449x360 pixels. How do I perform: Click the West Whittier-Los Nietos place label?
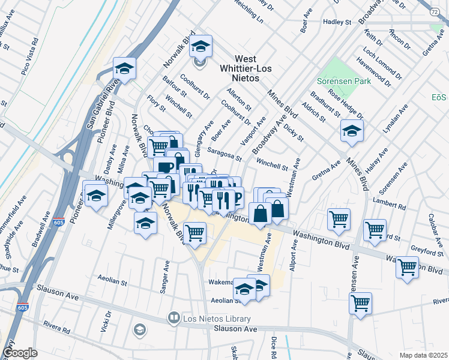point(246,68)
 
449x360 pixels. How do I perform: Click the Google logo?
point(20,353)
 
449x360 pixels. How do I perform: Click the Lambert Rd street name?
point(389,203)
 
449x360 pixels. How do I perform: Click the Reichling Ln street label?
point(247,12)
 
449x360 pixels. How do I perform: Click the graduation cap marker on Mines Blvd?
point(352,132)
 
